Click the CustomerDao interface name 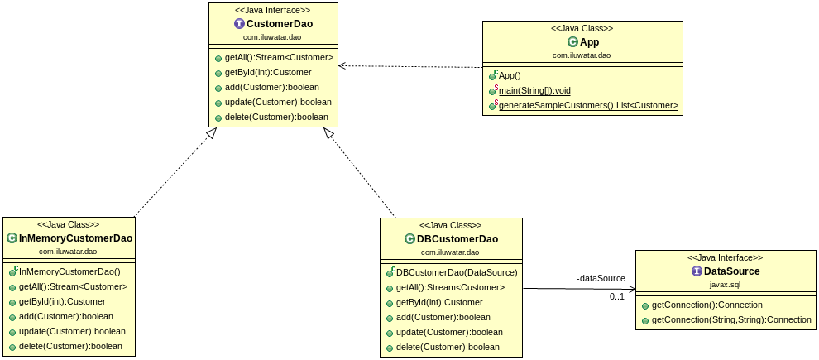[x=279, y=24]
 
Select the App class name [x=589, y=41]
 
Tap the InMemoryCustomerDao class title [x=75, y=238]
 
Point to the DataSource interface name [x=730, y=271]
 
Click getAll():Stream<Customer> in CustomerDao [x=279, y=58]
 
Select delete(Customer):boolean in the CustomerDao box [x=276, y=117]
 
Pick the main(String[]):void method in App [x=534, y=90]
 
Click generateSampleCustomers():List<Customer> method [x=588, y=105]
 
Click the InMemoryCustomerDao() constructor [x=69, y=271]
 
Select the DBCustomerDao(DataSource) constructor [x=457, y=272]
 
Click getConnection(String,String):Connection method [x=731, y=319]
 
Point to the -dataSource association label [x=601, y=278]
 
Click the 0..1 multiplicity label [x=617, y=296]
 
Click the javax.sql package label [x=725, y=284]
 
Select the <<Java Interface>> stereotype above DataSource [x=725, y=257]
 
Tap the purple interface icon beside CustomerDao [x=241, y=24]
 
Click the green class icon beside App [x=572, y=41]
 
